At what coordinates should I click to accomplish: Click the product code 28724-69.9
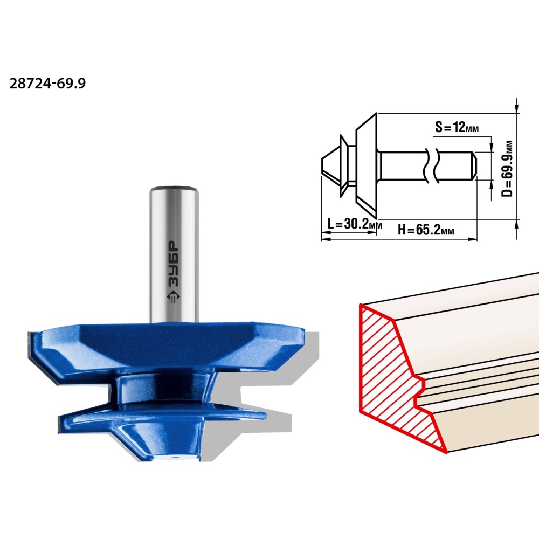(x=47, y=84)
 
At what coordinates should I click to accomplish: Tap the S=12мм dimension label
(x=457, y=127)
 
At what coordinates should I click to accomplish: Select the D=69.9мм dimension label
(x=507, y=168)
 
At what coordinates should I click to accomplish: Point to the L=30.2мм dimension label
(x=355, y=224)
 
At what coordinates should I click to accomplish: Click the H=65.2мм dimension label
(x=426, y=229)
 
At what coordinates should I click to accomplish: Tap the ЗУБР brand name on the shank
(x=172, y=264)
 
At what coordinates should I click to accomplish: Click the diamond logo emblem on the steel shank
(x=173, y=298)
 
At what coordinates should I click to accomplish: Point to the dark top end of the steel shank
(x=174, y=188)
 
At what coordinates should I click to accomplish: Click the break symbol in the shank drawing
(x=431, y=165)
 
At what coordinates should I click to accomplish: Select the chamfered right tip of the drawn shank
(x=473, y=165)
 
